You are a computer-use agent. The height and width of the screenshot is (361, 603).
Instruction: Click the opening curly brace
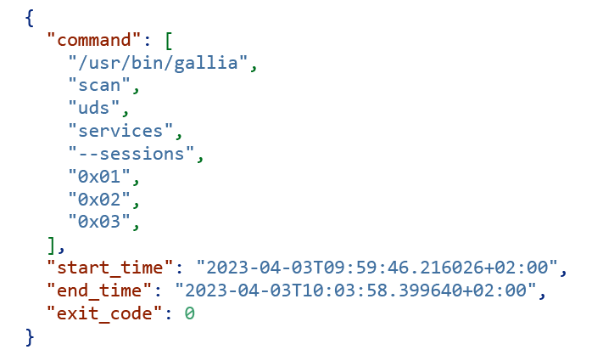[30, 18]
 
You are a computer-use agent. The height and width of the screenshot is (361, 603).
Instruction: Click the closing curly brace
[30, 337]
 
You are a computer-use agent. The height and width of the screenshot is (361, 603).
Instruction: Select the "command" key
[94, 40]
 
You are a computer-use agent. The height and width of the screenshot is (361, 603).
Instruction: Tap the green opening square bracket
[169, 41]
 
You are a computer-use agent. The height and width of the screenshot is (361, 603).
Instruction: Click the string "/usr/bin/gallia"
[158, 63]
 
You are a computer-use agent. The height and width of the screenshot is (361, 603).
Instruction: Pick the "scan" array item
[99, 85]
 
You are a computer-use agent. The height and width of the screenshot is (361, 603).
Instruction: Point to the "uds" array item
[94, 108]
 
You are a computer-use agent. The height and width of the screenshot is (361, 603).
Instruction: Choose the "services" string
[120, 131]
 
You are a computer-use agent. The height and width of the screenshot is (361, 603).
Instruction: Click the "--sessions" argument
[131, 154]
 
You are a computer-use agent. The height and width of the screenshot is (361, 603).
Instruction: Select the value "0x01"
[99, 176]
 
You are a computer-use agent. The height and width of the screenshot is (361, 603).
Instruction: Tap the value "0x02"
[99, 199]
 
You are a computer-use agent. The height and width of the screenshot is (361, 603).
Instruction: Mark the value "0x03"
[99, 222]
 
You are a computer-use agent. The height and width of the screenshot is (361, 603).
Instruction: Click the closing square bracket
[52, 245]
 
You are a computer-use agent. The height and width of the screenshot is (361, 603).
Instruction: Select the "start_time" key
[110, 267]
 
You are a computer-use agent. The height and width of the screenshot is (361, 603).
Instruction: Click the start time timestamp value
[377, 267]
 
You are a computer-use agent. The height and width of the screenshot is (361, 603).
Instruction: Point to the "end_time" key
[99, 290]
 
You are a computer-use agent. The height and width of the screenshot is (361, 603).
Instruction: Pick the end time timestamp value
[355, 290]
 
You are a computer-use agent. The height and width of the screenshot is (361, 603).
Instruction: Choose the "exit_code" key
[104, 313]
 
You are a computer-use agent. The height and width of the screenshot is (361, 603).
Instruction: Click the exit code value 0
[190, 313]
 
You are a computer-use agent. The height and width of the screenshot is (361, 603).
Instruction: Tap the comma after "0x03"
[136, 224]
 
